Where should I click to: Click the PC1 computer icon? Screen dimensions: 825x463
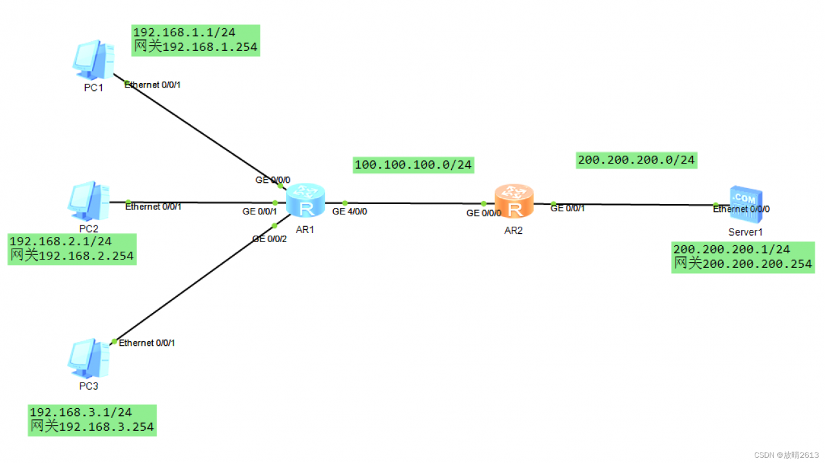pyautogui.click(x=93, y=60)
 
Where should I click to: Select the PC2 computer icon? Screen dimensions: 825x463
pyautogui.click(x=89, y=201)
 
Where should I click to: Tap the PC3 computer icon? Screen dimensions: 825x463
pyautogui.click(x=89, y=359)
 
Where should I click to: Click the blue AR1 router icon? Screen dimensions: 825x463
pyautogui.click(x=306, y=200)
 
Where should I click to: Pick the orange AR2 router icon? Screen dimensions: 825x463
pyautogui.click(x=514, y=202)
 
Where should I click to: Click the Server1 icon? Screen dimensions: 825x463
pyautogui.click(x=746, y=205)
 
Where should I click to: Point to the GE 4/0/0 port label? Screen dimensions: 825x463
pyautogui.click(x=349, y=212)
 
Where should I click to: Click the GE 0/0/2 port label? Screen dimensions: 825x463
pyautogui.click(x=269, y=239)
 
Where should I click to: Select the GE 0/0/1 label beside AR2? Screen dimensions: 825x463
pyautogui.click(x=568, y=208)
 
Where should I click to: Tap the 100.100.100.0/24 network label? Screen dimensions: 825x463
pyautogui.click(x=413, y=164)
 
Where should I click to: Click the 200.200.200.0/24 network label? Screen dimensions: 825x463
pyautogui.click(x=636, y=160)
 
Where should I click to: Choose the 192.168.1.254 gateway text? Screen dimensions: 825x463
pyautogui.click(x=210, y=47)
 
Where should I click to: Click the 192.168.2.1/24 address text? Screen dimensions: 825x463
pyautogui.click(x=61, y=241)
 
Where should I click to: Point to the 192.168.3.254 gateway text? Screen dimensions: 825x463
pyautogui.click(x=106, y=427)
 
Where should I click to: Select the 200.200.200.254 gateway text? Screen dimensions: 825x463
pyautogui.click(x=757, y=264)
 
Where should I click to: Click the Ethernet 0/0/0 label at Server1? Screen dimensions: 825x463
pyautogui.click(x=741, y=209)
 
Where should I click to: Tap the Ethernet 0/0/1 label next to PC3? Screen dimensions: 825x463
pyautogui.click(x=146, y=343)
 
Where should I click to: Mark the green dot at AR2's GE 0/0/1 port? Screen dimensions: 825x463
pyautogui.click(x=553, y=203)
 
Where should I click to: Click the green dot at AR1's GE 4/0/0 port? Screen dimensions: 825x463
pyautogui.click(x=345, y=203)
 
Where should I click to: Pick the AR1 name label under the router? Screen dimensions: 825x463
pyautogui.click(x=305, y=230)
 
